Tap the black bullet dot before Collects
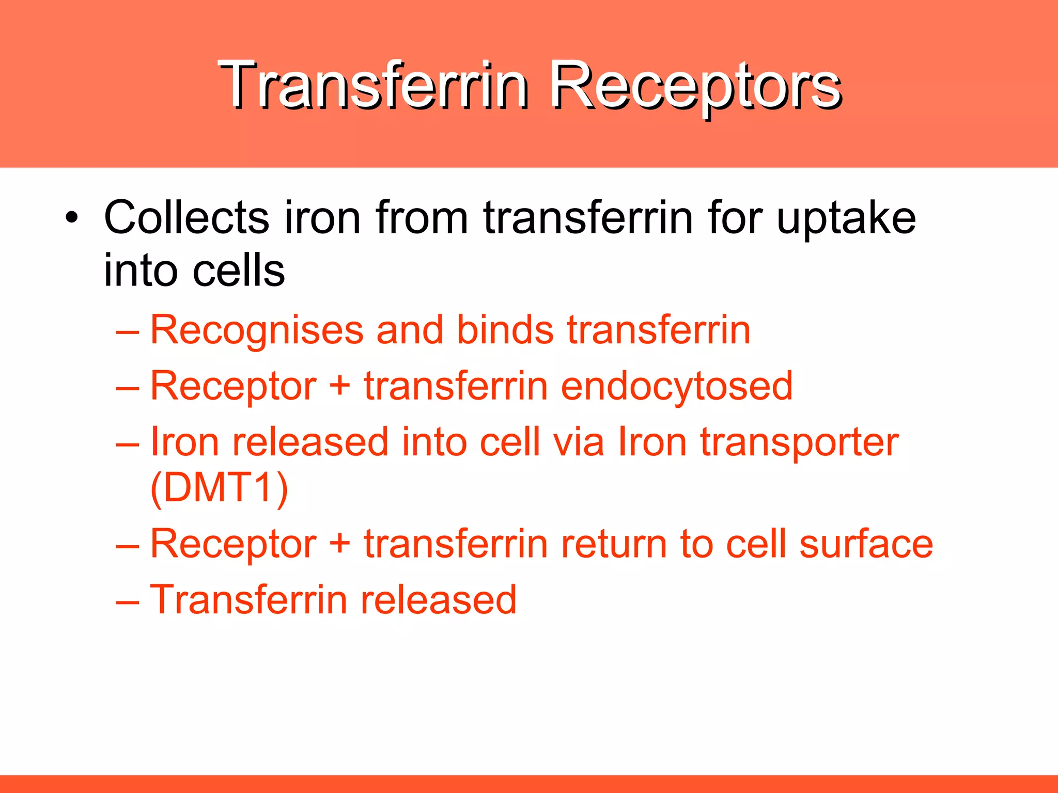tap(72, 218)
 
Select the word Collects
tap(186, 218)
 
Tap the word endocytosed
tap(676, 387)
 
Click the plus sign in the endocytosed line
tap(339, 387)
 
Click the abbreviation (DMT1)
tap(219, 488)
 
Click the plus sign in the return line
tap(339, 544)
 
